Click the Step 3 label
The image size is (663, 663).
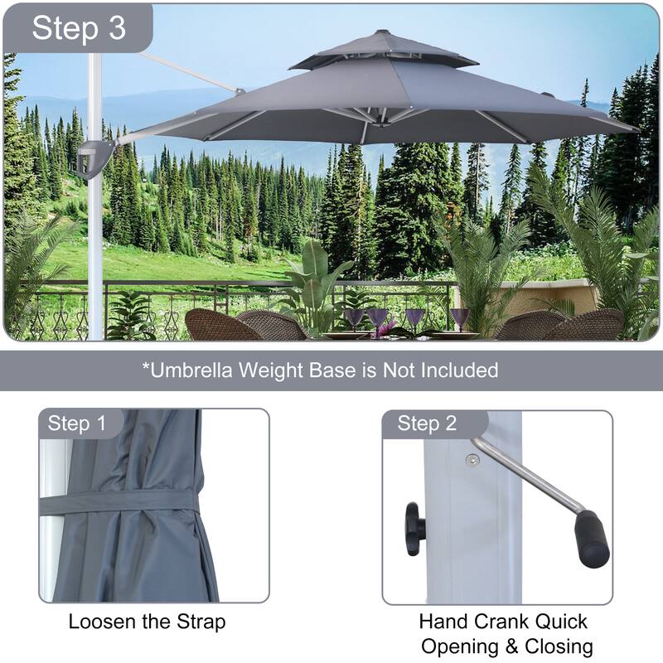(79, 28)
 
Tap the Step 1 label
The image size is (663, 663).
(76, 423)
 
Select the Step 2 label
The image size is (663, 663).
(427, 423)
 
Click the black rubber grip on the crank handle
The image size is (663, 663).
(592, 539)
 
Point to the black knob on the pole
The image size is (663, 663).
(415, 529)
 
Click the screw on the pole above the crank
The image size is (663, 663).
(472, 460)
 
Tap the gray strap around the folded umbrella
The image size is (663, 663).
(119, 502)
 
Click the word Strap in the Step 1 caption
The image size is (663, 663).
(201, 622)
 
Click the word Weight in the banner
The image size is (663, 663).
(272, 370)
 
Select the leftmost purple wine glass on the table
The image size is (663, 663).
(355, 321)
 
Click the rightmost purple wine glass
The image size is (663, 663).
(460, 320)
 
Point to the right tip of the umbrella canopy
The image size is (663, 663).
(638, 130)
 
